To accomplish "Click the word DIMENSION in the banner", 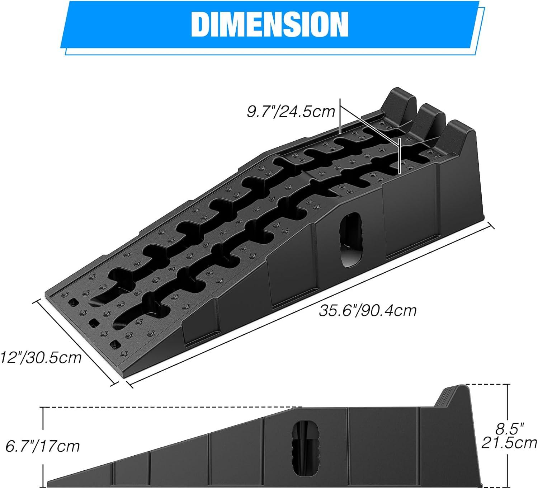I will [x=270, y=24].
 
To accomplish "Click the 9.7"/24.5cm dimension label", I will [x=291, y=112].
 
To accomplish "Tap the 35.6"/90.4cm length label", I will [x=368, y=310].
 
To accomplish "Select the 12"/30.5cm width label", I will [x=41, y=357].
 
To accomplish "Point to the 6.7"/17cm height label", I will [x=43, y=446].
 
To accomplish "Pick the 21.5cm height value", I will [x=509, y=443].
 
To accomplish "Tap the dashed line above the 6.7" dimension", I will [x=172, y=408].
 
